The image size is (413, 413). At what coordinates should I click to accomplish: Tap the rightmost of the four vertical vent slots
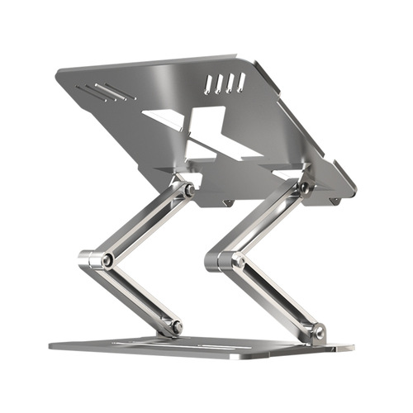tap(240, 81)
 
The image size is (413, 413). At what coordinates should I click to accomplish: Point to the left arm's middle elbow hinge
tap(106, 259)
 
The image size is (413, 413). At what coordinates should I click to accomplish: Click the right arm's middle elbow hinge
tap(236, 261)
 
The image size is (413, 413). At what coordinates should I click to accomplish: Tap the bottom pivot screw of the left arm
tap(174, 327)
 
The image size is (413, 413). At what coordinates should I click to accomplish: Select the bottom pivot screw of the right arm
tap(316, 333)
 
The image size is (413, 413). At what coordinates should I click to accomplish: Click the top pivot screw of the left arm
tap(188, 190)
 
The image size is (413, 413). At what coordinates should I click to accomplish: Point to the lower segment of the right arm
tap(277, 297)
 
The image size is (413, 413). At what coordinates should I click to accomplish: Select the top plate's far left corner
tap(58, 72)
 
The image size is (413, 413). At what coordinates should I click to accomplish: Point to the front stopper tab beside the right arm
tap(334, 201)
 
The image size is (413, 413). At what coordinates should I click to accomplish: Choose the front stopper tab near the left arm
tap(228, 202)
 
